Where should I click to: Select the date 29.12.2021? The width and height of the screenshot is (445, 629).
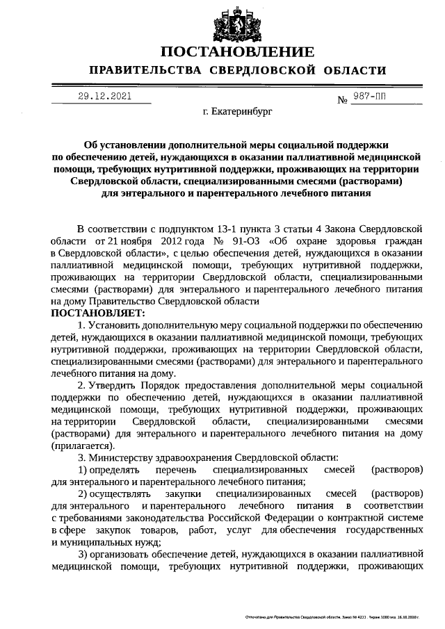[x=104, y=97]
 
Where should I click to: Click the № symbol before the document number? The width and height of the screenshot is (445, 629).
[x=342, y=100]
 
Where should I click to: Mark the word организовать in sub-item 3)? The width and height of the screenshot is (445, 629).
[x=122, y=554]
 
